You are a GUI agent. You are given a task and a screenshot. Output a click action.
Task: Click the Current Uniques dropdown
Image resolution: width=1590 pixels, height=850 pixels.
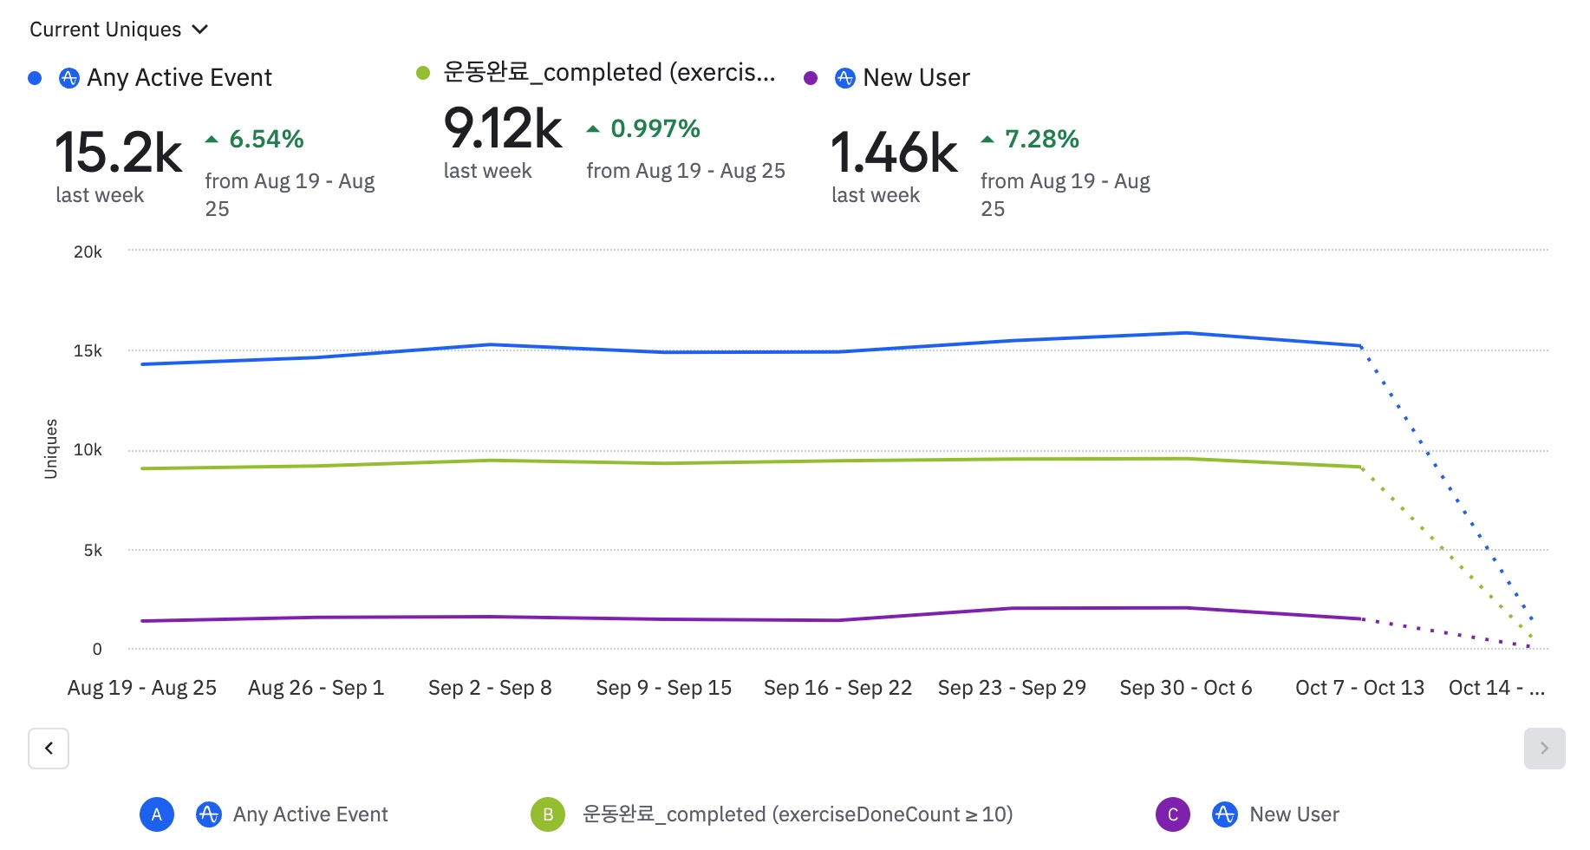pos(118,29)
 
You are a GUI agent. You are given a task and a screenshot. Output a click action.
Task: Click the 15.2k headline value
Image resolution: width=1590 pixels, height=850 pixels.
pos(118,153)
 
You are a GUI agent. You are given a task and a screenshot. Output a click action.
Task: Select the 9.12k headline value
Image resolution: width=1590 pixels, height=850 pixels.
pos(503,129)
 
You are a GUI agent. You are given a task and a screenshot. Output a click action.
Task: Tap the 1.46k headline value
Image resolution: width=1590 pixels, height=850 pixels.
pos(894,153)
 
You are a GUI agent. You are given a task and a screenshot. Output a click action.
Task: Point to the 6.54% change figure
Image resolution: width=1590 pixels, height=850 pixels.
pos(265,139)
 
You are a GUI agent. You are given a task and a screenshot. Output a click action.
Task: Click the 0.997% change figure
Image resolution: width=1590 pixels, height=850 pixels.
pos(655,128)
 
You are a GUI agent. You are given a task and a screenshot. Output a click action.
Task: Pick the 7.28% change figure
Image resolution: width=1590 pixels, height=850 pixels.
pos(1041,139)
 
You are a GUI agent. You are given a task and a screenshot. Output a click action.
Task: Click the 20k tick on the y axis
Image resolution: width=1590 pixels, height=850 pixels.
pos(88,252)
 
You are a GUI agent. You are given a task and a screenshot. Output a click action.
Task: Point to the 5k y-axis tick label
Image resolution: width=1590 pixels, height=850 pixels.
pos(93,551)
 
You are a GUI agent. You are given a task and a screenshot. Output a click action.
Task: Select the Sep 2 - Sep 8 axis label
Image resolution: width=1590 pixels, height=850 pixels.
pos(490,688)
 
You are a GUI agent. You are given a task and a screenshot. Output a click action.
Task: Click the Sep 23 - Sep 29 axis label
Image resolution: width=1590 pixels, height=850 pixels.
pos(1012,688)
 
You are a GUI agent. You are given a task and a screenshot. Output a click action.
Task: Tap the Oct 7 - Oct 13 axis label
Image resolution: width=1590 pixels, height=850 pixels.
pos(1359,688)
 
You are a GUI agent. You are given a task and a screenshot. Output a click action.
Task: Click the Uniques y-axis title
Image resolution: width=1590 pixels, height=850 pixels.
pos(51,448)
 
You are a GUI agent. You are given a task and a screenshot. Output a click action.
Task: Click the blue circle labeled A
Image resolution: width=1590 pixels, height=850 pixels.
pos(157,814)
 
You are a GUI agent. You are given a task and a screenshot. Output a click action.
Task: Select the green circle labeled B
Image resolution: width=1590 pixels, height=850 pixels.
pos(548,814)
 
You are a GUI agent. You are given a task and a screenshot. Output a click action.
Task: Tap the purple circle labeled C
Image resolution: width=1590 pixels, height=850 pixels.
pos(1173,814)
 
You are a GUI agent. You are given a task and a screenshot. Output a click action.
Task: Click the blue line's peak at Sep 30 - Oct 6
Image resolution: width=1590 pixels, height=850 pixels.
pos(1186,333)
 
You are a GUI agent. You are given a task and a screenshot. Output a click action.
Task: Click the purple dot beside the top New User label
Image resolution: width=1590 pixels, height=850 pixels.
pos(811,78)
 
